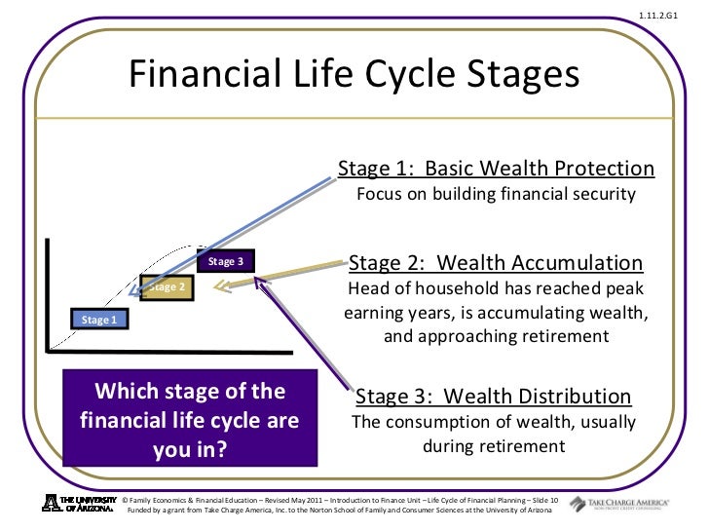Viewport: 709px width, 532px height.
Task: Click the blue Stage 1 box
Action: (x=96, y=319)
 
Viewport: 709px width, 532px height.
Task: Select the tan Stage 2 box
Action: (x=168, y=286)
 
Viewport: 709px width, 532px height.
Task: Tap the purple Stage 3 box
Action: (x=226, y=261)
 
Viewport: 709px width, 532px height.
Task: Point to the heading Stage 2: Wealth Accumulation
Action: (x=496, y=263)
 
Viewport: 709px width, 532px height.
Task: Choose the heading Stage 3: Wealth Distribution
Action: (x=494, y=397)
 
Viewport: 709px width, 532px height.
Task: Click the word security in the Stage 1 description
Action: (x=602, y=194)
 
